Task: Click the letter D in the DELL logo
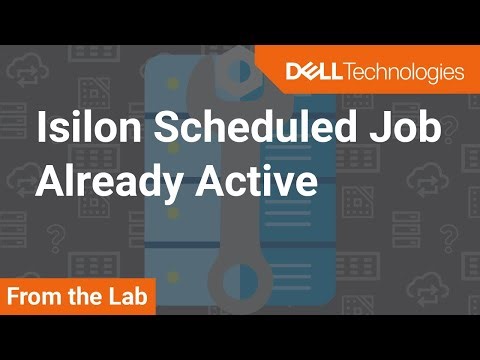(293, 71)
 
